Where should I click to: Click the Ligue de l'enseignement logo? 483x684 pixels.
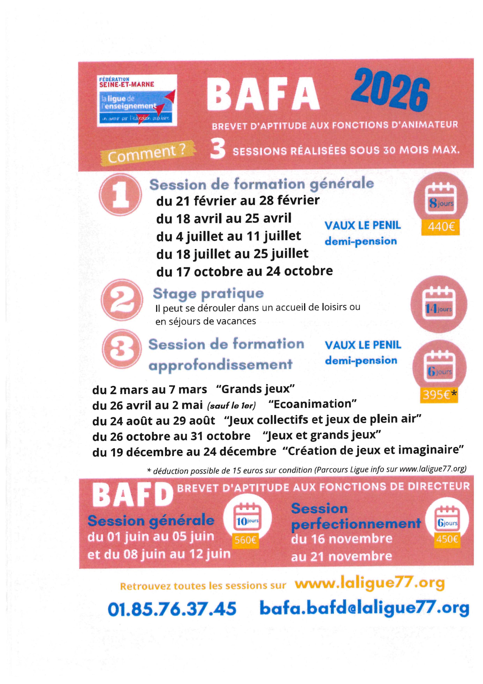[137, 100]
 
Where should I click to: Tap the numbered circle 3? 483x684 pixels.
[121, 350]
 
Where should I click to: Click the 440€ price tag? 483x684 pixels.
[441, 227]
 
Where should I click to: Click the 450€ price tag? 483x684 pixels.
[447, 539]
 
